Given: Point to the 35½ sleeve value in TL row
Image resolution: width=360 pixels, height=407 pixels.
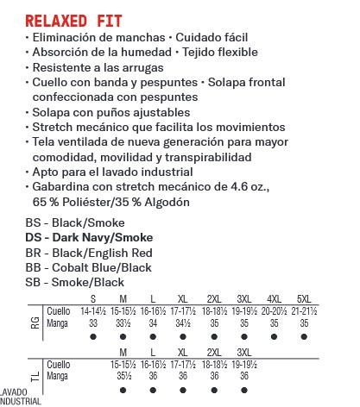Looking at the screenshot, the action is tap(123, 376).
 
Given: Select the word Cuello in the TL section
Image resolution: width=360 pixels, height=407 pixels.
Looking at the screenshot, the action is tap(59, 365).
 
